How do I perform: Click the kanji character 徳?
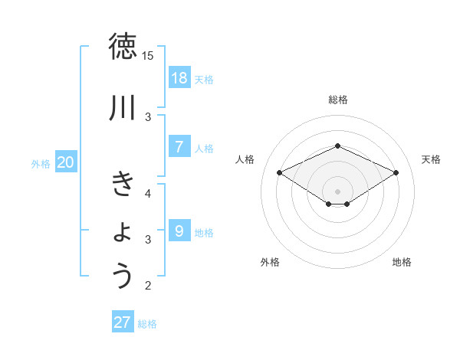click(123, 47)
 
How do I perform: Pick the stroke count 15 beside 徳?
click(148, 56)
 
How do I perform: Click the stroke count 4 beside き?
click(149, 193)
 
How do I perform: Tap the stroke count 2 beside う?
click(149, 286)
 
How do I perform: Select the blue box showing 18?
click(179, 78)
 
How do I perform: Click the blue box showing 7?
click(179, 147)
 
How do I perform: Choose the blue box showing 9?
click(179, 231)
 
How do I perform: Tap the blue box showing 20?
click(66, 162)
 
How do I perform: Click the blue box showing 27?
click(123, 322)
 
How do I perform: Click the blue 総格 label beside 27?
click(147, 323)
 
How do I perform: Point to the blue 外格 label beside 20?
click(41, 163)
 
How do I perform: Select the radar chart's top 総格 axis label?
click(337, 100)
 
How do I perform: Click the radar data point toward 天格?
click(396, 173)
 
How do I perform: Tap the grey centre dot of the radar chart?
click(337, 191)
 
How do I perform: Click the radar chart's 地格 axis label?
click(402, 262)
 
